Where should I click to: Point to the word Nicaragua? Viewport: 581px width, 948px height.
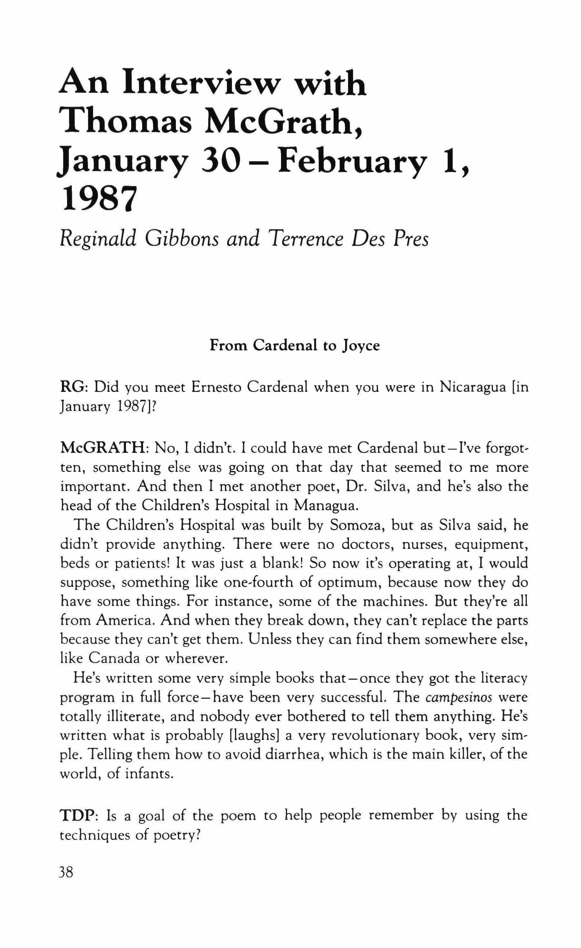coord(472,387)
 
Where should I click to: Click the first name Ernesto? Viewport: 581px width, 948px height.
coord(216,387)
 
